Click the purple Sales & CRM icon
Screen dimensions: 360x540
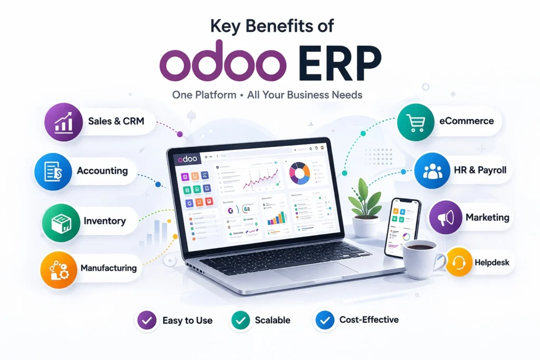pos(64,122)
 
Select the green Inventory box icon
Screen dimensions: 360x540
pos(60,221)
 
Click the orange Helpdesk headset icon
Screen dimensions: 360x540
pos(458,262)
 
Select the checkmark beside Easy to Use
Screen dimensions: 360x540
pos(146,320)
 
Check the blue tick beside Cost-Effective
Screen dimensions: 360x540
pos(323,320)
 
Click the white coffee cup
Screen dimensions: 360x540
pos(421,259)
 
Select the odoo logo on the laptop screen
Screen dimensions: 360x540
pos(188,157)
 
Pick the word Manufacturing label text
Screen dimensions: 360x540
pos(108,268)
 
